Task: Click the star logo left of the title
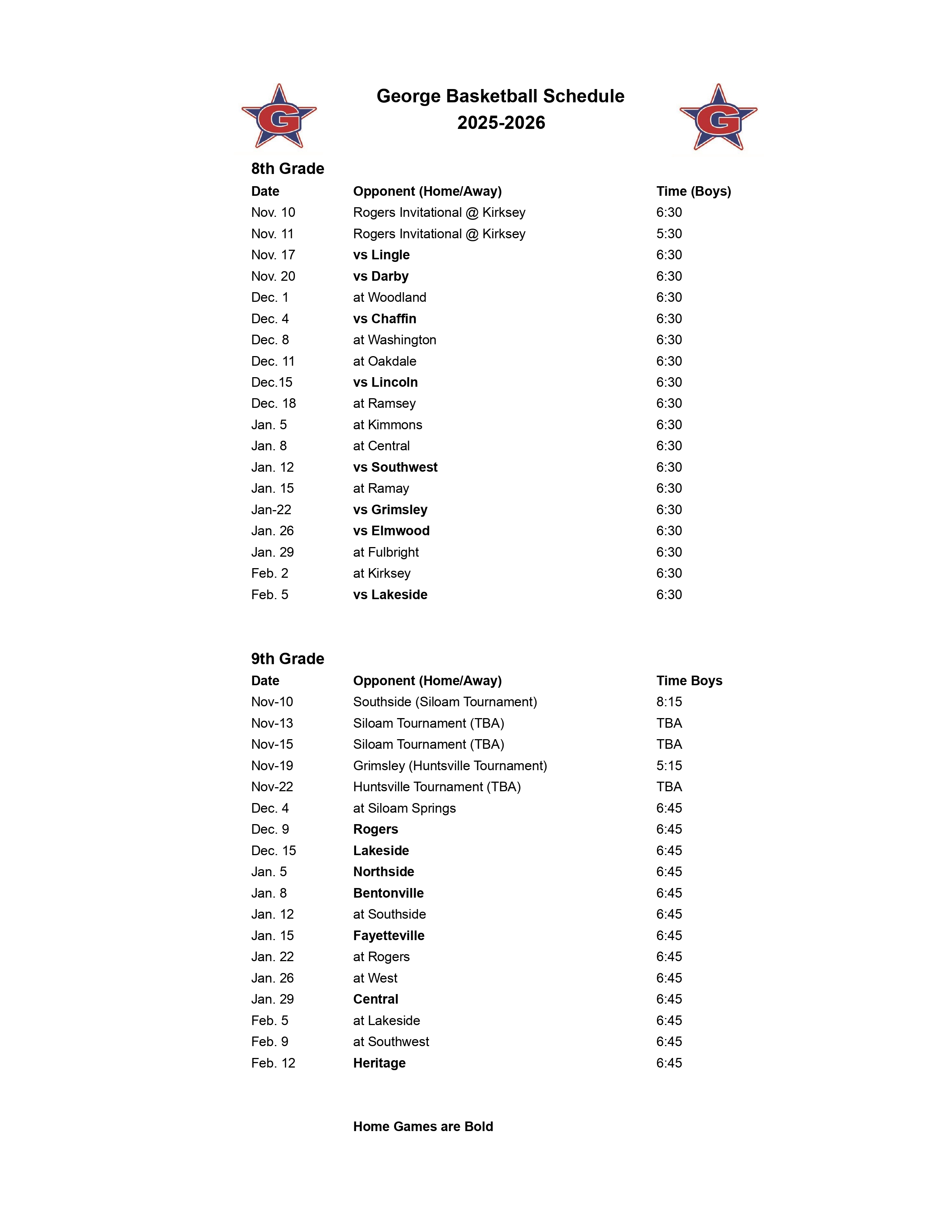pyautogui.click(x=279, y=117)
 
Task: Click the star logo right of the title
pyautogui.click(x=718, y=118)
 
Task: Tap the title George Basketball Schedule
pyautogui.click(x=500, y=96)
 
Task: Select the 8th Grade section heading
pyautogui.click(x=287, y=168)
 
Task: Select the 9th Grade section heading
pyautogui.click(x=287, y=659)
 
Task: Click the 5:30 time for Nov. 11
pyautogui.click(x=669, y=234)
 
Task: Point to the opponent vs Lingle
pyautogui.click(x=381, y=255)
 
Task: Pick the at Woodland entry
pyautogui.click(x=389, y=297)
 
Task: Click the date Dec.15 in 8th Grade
pyautogui.click(x=272, y=382)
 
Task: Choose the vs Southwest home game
pyautogui.click(x=395, y=467)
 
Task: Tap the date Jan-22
pyautogui.click(x=271, y=510)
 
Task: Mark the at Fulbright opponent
pyautogui.click(x=386, y=552)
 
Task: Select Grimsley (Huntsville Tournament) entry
pyautogui.click(x=450, y=766)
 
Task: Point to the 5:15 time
pyautogui.click(x=669, y=766)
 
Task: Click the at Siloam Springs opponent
pyautogui.click(x=404, y=808)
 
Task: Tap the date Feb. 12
pyautogui.click(x=273, y=1063)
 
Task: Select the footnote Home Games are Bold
pyautogui.click(x=423, y=1126)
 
